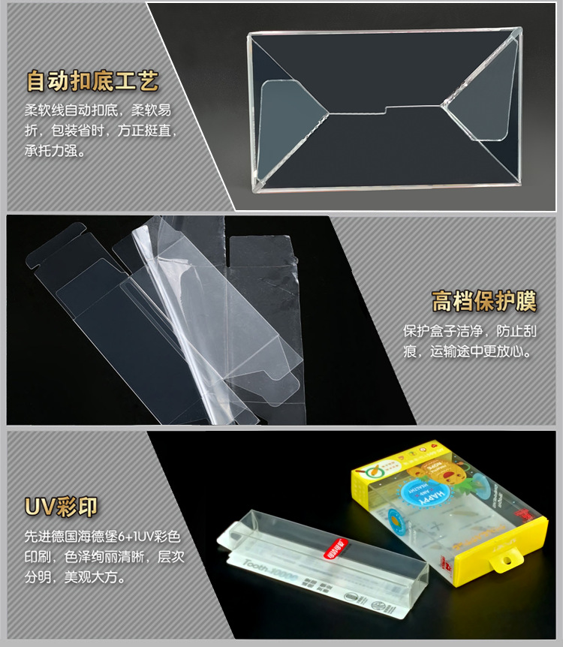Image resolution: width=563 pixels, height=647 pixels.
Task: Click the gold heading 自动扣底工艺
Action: coord(92,80)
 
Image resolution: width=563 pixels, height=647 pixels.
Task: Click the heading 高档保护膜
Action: coord(483,302)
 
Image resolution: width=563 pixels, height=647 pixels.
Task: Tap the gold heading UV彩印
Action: coord(61,507)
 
